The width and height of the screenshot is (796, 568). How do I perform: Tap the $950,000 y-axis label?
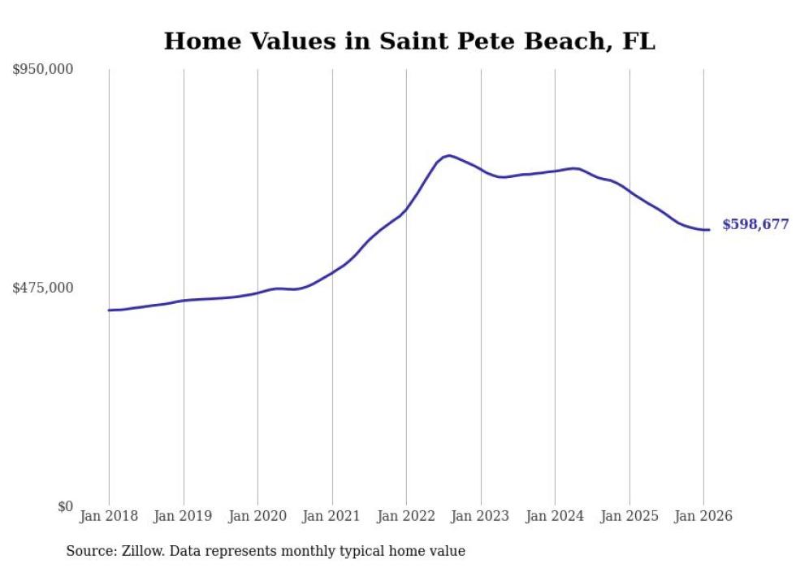(x=43, y=70)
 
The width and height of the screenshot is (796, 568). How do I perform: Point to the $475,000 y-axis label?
(x=43, y=288)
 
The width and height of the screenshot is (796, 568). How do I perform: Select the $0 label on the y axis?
(x=66, y=506)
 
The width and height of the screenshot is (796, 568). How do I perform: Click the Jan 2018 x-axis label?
(x=109, y=517)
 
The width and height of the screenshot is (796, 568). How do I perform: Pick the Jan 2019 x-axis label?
(x=184, y=517)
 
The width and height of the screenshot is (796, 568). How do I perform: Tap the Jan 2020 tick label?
(x=257, y=517)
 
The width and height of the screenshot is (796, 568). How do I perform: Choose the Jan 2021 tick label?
(x=332, y=517)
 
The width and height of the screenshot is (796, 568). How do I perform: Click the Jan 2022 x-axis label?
(x=406, y=517)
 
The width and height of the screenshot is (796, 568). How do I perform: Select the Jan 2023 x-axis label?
(x=481, y=517)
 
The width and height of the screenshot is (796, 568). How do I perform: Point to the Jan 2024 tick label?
(x=555, y=517)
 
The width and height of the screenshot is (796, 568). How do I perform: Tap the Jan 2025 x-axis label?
(x=629, y=517)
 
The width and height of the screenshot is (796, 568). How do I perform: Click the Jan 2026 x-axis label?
(x=703, y=517)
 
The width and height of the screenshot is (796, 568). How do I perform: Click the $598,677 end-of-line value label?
(x=755, y=225)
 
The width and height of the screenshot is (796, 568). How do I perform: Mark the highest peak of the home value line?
(x=448, y=155)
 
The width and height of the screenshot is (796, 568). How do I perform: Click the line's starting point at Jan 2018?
(x=109, y=310)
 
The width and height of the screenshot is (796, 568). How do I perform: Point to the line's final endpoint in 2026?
(x=709, y=230)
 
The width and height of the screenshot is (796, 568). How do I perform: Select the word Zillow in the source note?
(x=141, y=552)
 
